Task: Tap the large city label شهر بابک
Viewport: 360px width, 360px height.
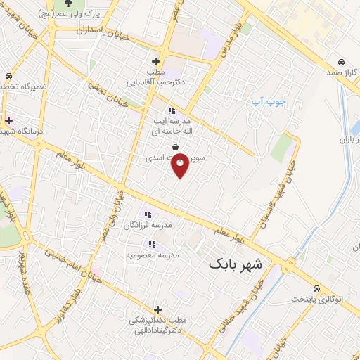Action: pyautogui.click(x=235, y=265)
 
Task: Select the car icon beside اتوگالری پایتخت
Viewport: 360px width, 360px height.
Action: pyautogui.click(x=316, y=288)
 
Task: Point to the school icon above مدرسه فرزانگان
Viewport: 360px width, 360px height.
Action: pyautogui.click(x=148, y=214)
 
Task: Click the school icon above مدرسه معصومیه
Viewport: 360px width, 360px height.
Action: pyautogui.click(x=152, y=243)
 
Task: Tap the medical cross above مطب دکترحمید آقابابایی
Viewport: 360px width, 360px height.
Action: pyautogui.click(x=156, y=61)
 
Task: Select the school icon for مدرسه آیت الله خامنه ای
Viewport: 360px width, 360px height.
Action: pyautogui.click(x=171, y=110)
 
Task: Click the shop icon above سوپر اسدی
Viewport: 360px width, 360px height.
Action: pyautogui.click(x=174, y=147)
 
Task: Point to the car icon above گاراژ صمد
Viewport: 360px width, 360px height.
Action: pyautogui.click(x=340, y=61)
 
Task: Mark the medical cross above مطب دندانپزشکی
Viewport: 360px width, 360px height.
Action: pyautogui.click(x=157, y=309)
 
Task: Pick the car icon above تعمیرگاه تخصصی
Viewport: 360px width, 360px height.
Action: pyautogui.click(x=8, y=75)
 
